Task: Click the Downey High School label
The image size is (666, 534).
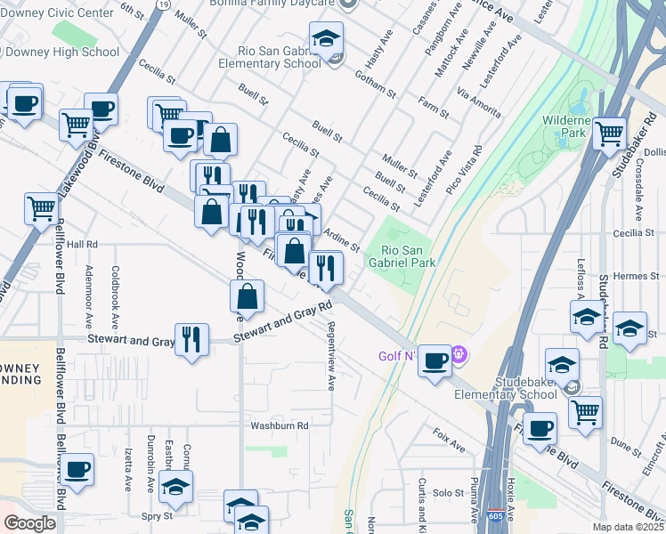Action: click(x=60, y=52)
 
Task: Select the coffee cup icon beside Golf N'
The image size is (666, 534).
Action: click(x=435, y=360)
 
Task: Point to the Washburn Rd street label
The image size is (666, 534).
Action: click(x=279, y=425)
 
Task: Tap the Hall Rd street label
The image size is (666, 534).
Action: click(x=81, y=244)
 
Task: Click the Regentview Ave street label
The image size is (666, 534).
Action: click(x=330, y=356)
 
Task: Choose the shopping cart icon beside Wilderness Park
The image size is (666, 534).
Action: click(x=609, y=134)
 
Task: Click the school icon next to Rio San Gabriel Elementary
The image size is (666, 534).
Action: click(x=326, y=38)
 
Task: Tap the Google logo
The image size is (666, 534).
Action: click(x=29, y=523)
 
